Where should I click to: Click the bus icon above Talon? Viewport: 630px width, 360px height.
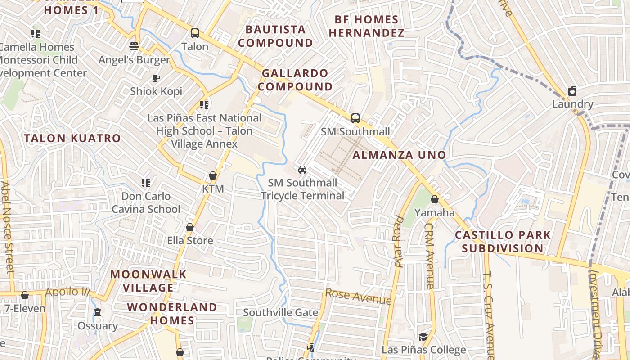point(194,33)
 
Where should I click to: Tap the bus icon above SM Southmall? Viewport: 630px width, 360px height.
point(355,118)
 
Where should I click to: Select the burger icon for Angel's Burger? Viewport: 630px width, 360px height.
point(134,46)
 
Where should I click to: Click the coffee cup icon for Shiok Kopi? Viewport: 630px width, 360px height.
point(156,78)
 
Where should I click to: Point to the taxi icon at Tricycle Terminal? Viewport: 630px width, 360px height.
point(302,170)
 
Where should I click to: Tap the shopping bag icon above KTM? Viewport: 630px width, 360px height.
point(212,175)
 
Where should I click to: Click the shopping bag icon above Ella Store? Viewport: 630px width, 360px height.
point(190,227)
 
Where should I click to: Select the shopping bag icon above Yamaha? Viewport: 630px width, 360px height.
point(434,199)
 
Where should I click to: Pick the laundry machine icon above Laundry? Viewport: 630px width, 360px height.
point(572,91)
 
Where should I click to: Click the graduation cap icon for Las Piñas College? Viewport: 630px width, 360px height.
point(423,337)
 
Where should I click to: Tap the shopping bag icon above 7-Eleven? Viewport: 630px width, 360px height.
point(25,295)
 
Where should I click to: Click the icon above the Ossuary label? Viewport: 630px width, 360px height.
point(97,312)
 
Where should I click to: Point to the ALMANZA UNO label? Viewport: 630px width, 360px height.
point(399,155)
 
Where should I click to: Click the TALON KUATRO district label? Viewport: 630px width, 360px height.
point(72,138)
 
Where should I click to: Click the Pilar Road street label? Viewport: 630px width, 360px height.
point(398,242)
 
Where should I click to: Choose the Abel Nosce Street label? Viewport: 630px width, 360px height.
point(7,227)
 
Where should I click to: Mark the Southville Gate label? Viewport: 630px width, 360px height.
point(280,312)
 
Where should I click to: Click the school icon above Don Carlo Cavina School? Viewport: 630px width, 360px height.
point(146,183)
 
